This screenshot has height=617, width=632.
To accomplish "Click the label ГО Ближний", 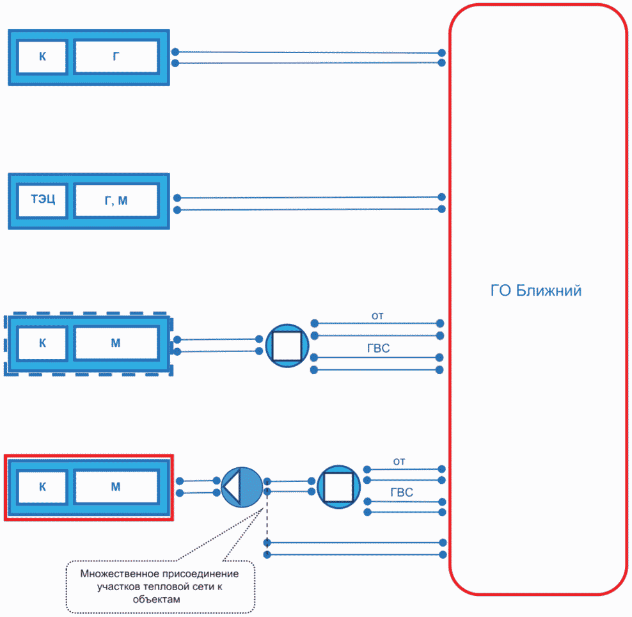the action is pyautogui.click(x=535, y=291).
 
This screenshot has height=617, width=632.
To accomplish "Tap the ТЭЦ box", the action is pyautogui.click(x=42, y=200).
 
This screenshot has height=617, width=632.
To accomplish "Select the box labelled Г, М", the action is pyautogui.click(x=116, y=200).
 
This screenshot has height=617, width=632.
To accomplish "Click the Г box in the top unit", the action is pyautogui.click(x=116, y=56).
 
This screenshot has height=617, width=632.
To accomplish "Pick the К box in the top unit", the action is pyautogui.click(x=42, y=57).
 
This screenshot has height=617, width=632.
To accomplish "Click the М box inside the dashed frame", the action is pyautogui.click(x=116, y=343).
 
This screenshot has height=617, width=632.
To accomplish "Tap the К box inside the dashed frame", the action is pyautogui.click(x=42, y=343).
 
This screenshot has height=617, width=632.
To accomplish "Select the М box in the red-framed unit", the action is pyautogui.click(x=116, y=486).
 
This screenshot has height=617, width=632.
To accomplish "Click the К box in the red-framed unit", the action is pyautogui.click(x=42, y=487).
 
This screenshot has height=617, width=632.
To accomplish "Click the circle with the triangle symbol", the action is pyautogui.click(x=242, y=487).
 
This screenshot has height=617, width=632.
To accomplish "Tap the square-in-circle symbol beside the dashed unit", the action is pyautogui.click(x=287, y=346).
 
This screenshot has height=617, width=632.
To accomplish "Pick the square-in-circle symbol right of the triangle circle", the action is pyautogui.click(x=338, y=486).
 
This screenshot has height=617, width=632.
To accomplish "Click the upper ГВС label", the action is pyautogui.click(x=379, y=348).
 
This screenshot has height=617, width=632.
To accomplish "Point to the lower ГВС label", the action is pyautogui.click(x=402, y=492).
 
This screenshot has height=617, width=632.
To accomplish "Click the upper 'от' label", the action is pyautogui.click(x=377, y=316).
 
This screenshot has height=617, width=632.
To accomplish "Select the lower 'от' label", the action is pyautogui.click(x=399, y=461).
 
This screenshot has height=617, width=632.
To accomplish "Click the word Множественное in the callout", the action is pyautogui.click(x=116, y=573).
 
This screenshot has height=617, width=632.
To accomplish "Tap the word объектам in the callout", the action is pyautogui.click(x=156, y=599).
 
